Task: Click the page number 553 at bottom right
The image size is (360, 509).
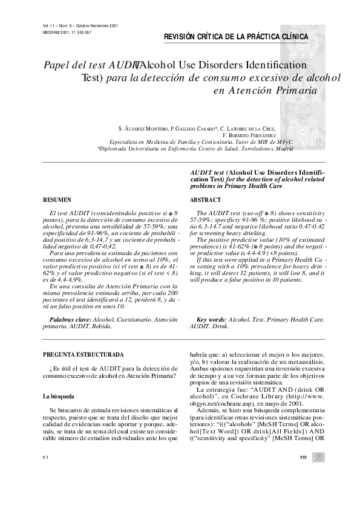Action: click(304, 474)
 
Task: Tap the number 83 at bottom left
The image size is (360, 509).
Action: click(45, 474)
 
